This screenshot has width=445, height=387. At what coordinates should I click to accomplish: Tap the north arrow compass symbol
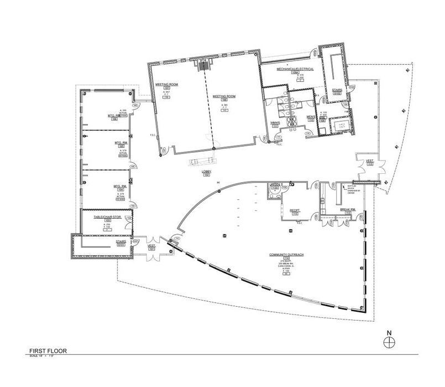(x=389, y=341)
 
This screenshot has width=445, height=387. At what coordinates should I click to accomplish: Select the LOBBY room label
(x=207, y=173)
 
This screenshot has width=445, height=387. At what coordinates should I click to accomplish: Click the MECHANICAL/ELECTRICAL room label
(x=296, y=69)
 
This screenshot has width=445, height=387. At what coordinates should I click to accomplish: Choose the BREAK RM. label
(x=347, y=209)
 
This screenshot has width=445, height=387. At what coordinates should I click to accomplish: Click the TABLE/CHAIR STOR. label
(x=107, y=216)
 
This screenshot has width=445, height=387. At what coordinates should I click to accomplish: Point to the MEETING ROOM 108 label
(x=224, y=96)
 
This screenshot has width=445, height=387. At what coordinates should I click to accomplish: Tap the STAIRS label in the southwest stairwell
(x=121, y=242)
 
